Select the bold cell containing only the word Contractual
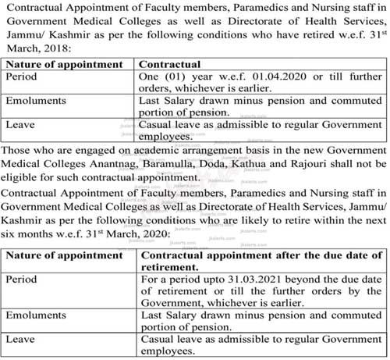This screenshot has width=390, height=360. click(x=168, y=64)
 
